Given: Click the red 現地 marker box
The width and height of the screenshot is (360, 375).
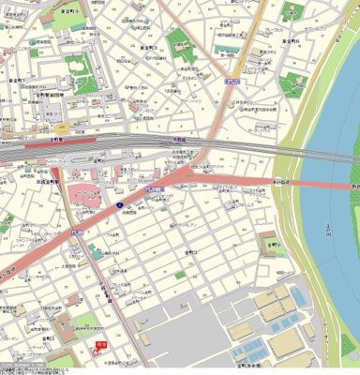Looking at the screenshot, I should coord(101,345).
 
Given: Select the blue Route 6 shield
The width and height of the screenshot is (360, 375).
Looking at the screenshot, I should coord(120,203).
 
